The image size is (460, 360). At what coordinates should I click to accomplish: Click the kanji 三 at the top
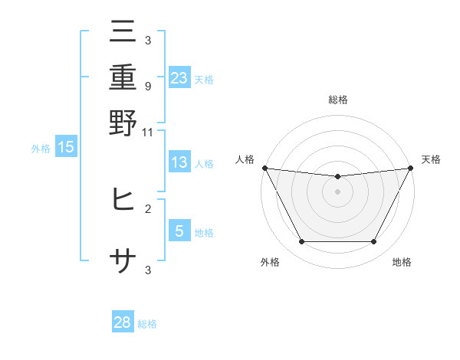coord(123,32)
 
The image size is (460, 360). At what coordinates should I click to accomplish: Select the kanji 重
coord(123,77)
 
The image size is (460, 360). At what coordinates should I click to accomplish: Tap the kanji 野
coord(123,123)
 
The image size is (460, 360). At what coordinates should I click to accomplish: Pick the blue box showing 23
coord(179,78)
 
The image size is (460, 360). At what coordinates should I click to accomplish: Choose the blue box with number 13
coord(179,162)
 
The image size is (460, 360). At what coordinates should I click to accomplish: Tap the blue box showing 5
coord(179,231)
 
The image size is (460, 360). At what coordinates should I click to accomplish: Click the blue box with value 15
coord(66,148)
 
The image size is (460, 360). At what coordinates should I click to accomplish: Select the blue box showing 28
coord(123,322)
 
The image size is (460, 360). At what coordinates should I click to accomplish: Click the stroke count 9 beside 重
coord(148,86)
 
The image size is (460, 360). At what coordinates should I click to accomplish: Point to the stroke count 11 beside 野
coord(148,132)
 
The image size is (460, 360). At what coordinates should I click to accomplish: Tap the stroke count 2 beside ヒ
coord(148,208)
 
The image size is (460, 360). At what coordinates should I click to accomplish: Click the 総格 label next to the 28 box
coord(148,324)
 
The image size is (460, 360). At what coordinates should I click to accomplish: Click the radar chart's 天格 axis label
coord(431,159)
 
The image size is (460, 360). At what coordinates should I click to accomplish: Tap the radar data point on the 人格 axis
coord(264,168)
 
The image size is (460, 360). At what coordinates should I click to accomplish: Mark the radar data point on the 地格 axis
coord(374,242)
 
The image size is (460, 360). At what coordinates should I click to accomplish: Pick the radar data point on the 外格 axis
coord(301,242)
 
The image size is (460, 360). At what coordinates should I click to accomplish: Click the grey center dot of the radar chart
coord(337,191)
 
